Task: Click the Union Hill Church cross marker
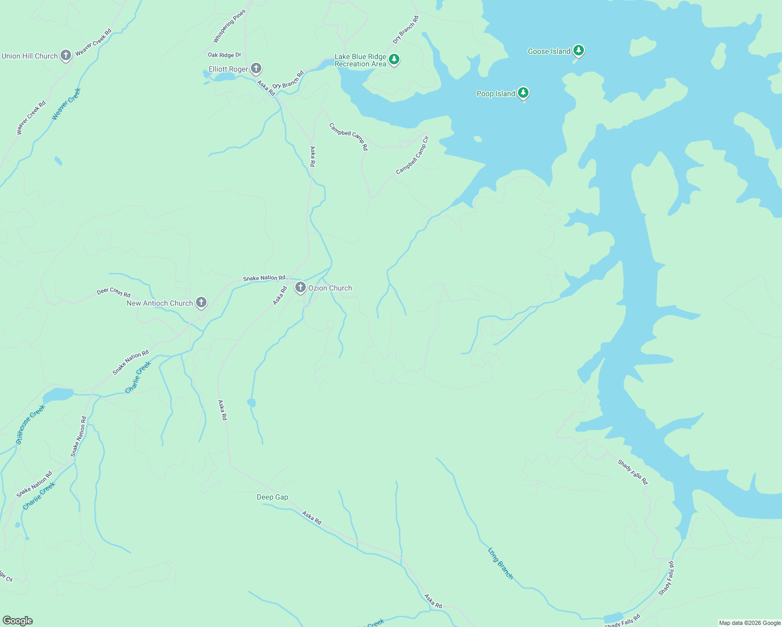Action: click(65, 55)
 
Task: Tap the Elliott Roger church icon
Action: click(256, 68)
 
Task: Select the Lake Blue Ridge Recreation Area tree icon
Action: click(395, 59)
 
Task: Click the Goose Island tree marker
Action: click(578, 50)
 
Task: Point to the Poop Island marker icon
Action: click(523, 92)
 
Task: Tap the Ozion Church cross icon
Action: click(300, 287)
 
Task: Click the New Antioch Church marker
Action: click(201, 302)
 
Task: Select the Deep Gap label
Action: click(272, 497)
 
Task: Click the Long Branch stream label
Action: click(500, 563)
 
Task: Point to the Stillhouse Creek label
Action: click(30, 424)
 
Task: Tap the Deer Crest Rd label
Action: click(113, 292)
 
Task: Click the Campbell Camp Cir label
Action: click(412, 155)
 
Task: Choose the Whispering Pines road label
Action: click(229, 26)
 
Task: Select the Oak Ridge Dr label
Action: click(224, 55)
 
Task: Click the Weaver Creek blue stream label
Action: click(66, 104)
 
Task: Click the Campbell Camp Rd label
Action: click(349, 136)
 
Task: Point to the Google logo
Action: click(17, 621)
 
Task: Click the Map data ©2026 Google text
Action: click(750, 623)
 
